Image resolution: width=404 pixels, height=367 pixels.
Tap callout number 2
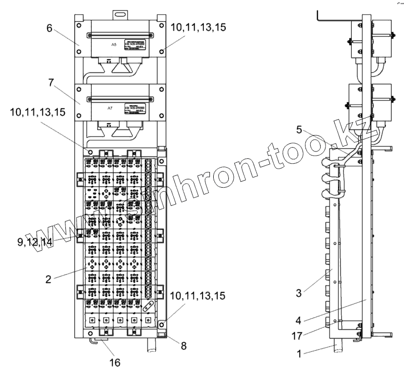48,279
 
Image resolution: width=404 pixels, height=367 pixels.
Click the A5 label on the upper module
113,44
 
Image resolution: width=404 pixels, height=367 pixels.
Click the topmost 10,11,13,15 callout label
199,28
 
